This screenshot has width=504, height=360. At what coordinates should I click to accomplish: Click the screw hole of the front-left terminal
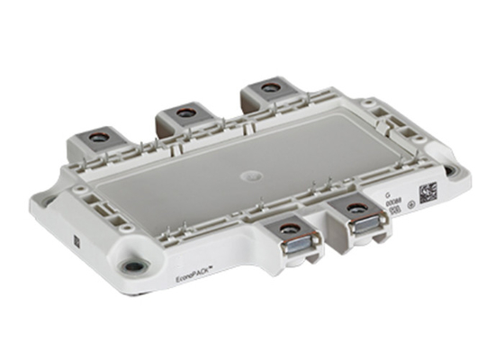point(288,229)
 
